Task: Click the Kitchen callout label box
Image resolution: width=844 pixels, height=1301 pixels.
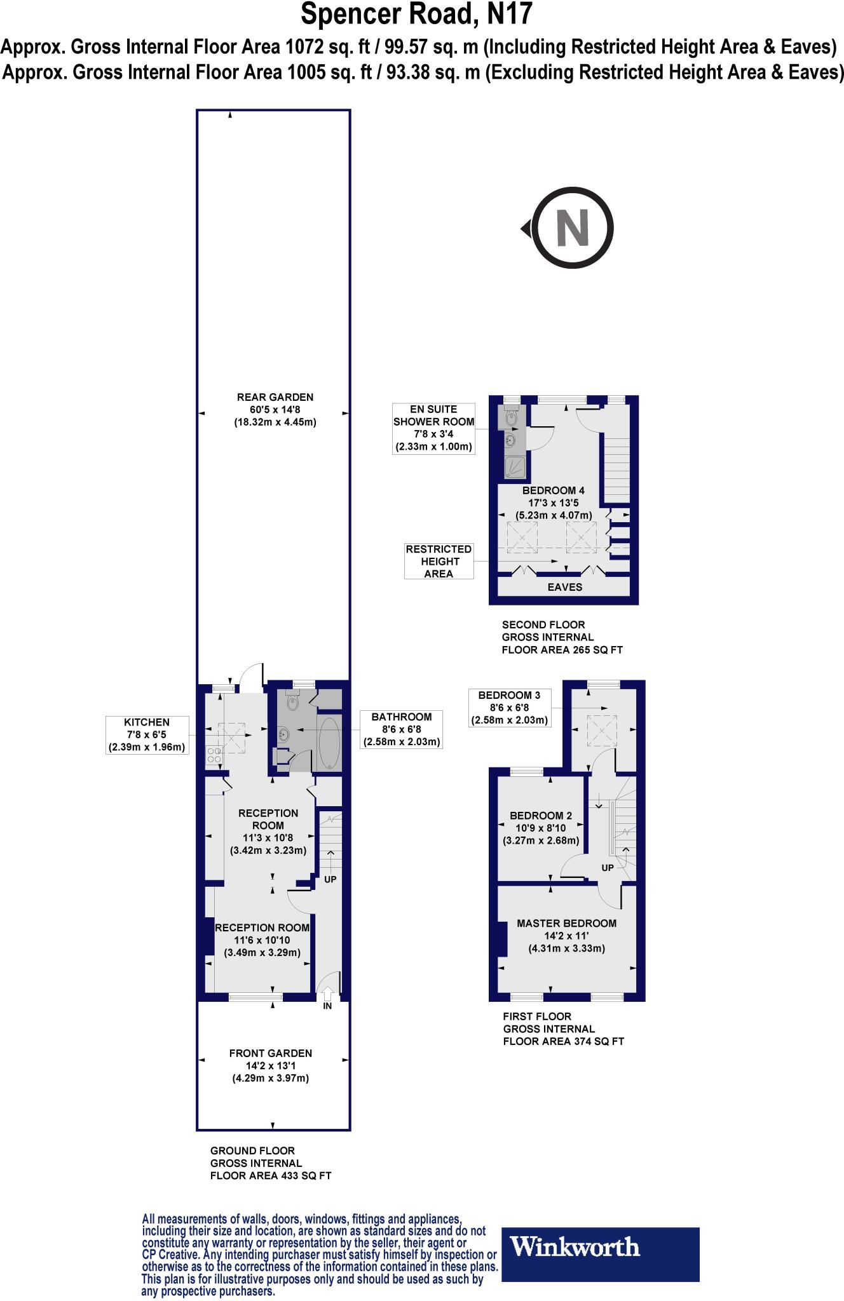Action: pyautogui.click(x=147, y=734)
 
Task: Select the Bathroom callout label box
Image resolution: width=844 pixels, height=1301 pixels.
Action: pyautogui.click(x=401, y=729)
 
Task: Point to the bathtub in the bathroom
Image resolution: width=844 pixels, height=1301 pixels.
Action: pyautogui.click(x=329, y=743)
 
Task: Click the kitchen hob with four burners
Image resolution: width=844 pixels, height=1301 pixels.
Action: pyautogui.click(x=214, y=755)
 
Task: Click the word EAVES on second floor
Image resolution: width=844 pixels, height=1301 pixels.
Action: pyautogui.click(x=564, y=587)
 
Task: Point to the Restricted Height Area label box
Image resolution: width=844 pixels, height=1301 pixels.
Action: pyautogui.click(x=439, y=561)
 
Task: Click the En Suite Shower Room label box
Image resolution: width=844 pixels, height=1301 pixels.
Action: pyautogui.click(x=433, y=428)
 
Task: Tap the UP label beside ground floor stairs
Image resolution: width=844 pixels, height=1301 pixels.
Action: pyautogui.click(x=330, y=879)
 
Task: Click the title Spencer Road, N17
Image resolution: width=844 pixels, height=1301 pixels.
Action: pyautogui.click(x=416, y=14)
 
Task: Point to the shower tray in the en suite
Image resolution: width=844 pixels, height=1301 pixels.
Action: pyautogui.click(x=514, y=468)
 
